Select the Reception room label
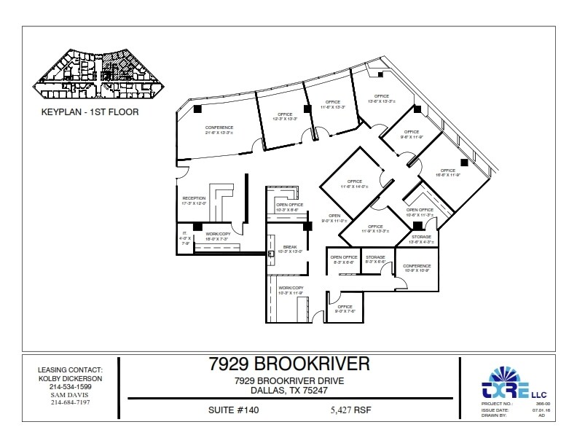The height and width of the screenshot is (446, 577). (194, 200)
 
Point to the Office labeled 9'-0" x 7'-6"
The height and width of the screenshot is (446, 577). (345, 309)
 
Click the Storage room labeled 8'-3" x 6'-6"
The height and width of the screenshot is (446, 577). (375, 259)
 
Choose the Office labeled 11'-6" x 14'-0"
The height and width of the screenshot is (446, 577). (355, 184)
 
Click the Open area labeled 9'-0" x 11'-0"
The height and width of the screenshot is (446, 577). (334, 217)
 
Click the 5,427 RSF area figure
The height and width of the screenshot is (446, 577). (350, 410)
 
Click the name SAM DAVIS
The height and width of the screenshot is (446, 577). (71, 394)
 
